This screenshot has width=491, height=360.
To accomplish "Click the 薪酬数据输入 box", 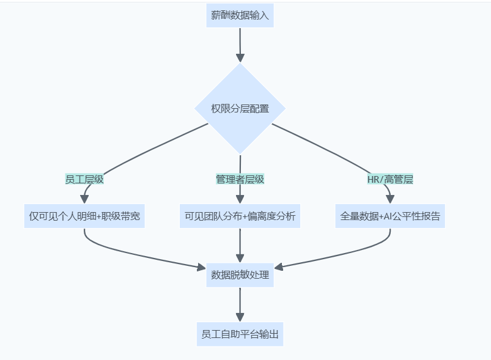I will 240,15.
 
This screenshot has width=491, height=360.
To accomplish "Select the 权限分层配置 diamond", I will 240,109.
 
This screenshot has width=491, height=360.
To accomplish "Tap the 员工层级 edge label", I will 84,179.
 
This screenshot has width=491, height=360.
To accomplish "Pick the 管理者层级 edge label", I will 240,179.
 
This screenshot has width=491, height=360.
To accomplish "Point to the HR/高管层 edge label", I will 390,179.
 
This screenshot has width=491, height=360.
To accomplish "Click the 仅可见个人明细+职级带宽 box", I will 84,216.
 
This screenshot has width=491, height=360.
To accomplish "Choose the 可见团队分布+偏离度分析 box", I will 240,216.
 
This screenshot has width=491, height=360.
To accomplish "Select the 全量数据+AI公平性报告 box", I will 390,216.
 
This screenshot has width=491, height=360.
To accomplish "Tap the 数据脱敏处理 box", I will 240,275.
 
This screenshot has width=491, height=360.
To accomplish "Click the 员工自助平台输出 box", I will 240,334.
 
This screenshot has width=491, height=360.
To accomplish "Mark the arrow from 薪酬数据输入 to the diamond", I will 240,43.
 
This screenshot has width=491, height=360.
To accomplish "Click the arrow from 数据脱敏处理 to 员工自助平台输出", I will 240,304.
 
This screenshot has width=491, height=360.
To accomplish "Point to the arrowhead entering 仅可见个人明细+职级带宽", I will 84,199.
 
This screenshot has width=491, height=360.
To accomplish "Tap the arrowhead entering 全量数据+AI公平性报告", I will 390,199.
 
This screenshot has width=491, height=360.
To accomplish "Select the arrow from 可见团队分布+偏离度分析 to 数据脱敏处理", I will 240,244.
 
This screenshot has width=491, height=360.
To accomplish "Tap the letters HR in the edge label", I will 373,179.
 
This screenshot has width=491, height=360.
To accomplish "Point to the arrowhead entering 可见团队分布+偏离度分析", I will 240,199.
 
